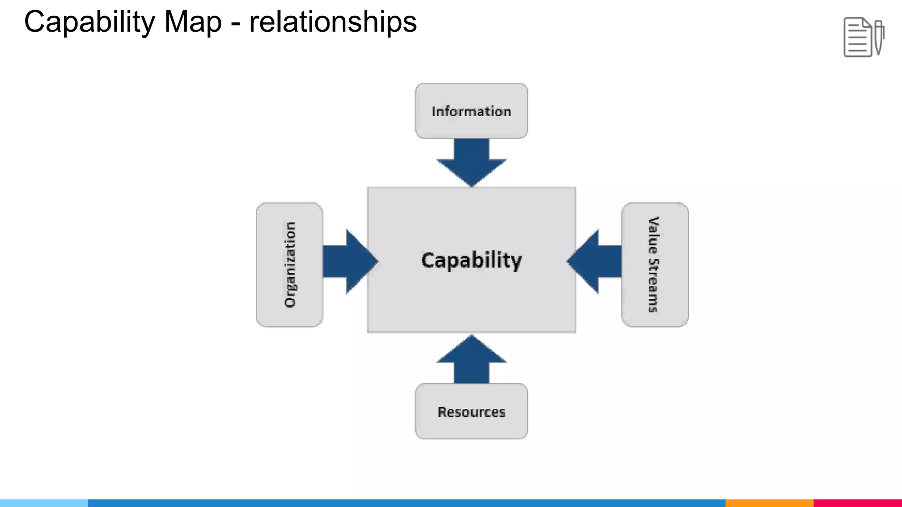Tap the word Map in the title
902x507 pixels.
[x=192, y=22]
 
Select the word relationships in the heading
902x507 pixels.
[x=333, y=22]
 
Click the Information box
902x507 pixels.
[x=471, y=111]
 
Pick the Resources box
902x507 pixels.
[x=471, y=411]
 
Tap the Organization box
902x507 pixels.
[x=289, y=265]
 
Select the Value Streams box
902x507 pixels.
[x=655, y=265]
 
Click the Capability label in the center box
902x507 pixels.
[x=471, y=260]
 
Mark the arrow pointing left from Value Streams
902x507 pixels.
[x=595, y=261]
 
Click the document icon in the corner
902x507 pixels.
[x=858, y=37]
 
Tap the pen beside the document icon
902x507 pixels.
[x=879, y=37]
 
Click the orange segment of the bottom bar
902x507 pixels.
[x=769, y=503]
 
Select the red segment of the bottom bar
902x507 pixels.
[x=858, y=503]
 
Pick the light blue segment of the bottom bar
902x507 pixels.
[x=44, y=503]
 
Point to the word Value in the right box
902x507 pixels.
[x=654, y=235]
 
